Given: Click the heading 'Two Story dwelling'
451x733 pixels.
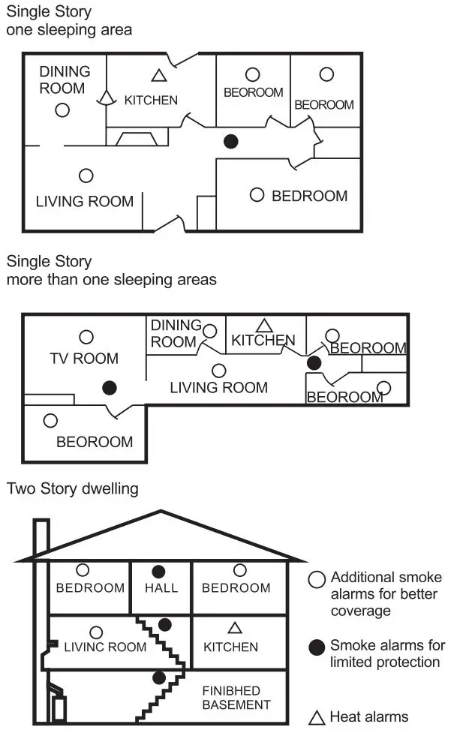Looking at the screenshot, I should coord(73,488).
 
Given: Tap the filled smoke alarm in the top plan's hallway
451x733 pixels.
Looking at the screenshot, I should coord(232,140).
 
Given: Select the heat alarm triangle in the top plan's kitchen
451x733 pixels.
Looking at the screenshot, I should coord(158,75).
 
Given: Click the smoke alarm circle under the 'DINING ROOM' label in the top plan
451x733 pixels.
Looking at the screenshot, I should coord(62,110).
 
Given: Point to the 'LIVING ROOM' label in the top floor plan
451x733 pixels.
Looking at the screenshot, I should coord(85,201).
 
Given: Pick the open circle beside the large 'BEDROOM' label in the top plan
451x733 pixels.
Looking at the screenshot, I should coord(257,194).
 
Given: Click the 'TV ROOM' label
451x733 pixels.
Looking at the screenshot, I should coord(85,359).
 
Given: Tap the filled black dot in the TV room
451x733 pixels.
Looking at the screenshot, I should coord(110,387).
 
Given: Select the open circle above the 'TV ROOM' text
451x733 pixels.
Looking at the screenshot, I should coord(87,337).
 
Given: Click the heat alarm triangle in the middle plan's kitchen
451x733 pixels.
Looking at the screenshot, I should coord(263,326).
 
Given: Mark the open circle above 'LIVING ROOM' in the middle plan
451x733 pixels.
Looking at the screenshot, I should coord(219,370).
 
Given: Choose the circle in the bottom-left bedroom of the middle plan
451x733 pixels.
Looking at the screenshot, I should coord(50,421).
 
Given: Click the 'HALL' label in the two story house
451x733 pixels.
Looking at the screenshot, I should coord(161,587).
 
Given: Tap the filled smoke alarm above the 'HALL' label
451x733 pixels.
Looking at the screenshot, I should coord(158,571).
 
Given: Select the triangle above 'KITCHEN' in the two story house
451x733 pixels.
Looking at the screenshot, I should coord(235,627).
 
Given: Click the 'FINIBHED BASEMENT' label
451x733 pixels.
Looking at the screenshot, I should coord(236,697).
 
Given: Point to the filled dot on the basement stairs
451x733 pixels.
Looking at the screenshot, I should coord(158,678).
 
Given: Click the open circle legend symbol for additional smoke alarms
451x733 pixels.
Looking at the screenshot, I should coord(317,579).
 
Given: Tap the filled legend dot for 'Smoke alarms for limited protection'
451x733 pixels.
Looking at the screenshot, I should coord(317,645).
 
